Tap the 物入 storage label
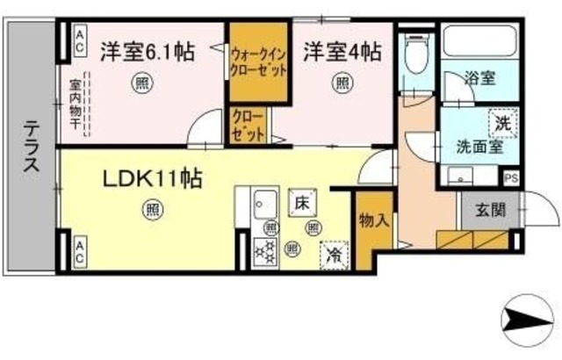click(373, 220)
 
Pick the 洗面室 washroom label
click(479, 145)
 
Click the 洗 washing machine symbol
click(502, 123)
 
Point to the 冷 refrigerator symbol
click(334, 254)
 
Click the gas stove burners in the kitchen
click(263, 253)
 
